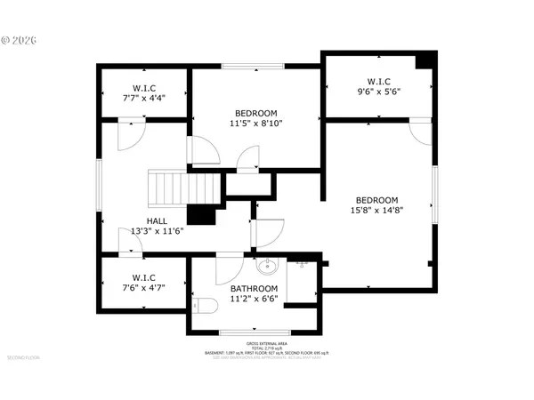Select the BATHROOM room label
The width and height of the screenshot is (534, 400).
[x=255, y=289]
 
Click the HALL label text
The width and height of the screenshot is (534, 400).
[x=157, y=220]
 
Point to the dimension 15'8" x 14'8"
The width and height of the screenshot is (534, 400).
[x=376, y=212]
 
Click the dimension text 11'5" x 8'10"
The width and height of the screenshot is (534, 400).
[x=256, y=124]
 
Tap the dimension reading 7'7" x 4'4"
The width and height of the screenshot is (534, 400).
[x=145, y=100]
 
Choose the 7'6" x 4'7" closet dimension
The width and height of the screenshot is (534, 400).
[x=145, y=288]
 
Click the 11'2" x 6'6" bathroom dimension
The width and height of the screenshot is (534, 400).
[x=255, y=300]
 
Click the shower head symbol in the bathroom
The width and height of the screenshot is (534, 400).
[x=303, y=264]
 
